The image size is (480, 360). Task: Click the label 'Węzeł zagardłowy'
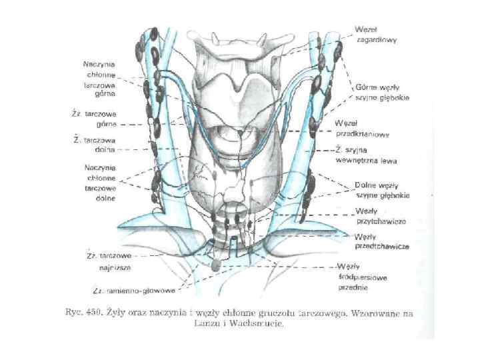pyautogui.click(x=375, y=35)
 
